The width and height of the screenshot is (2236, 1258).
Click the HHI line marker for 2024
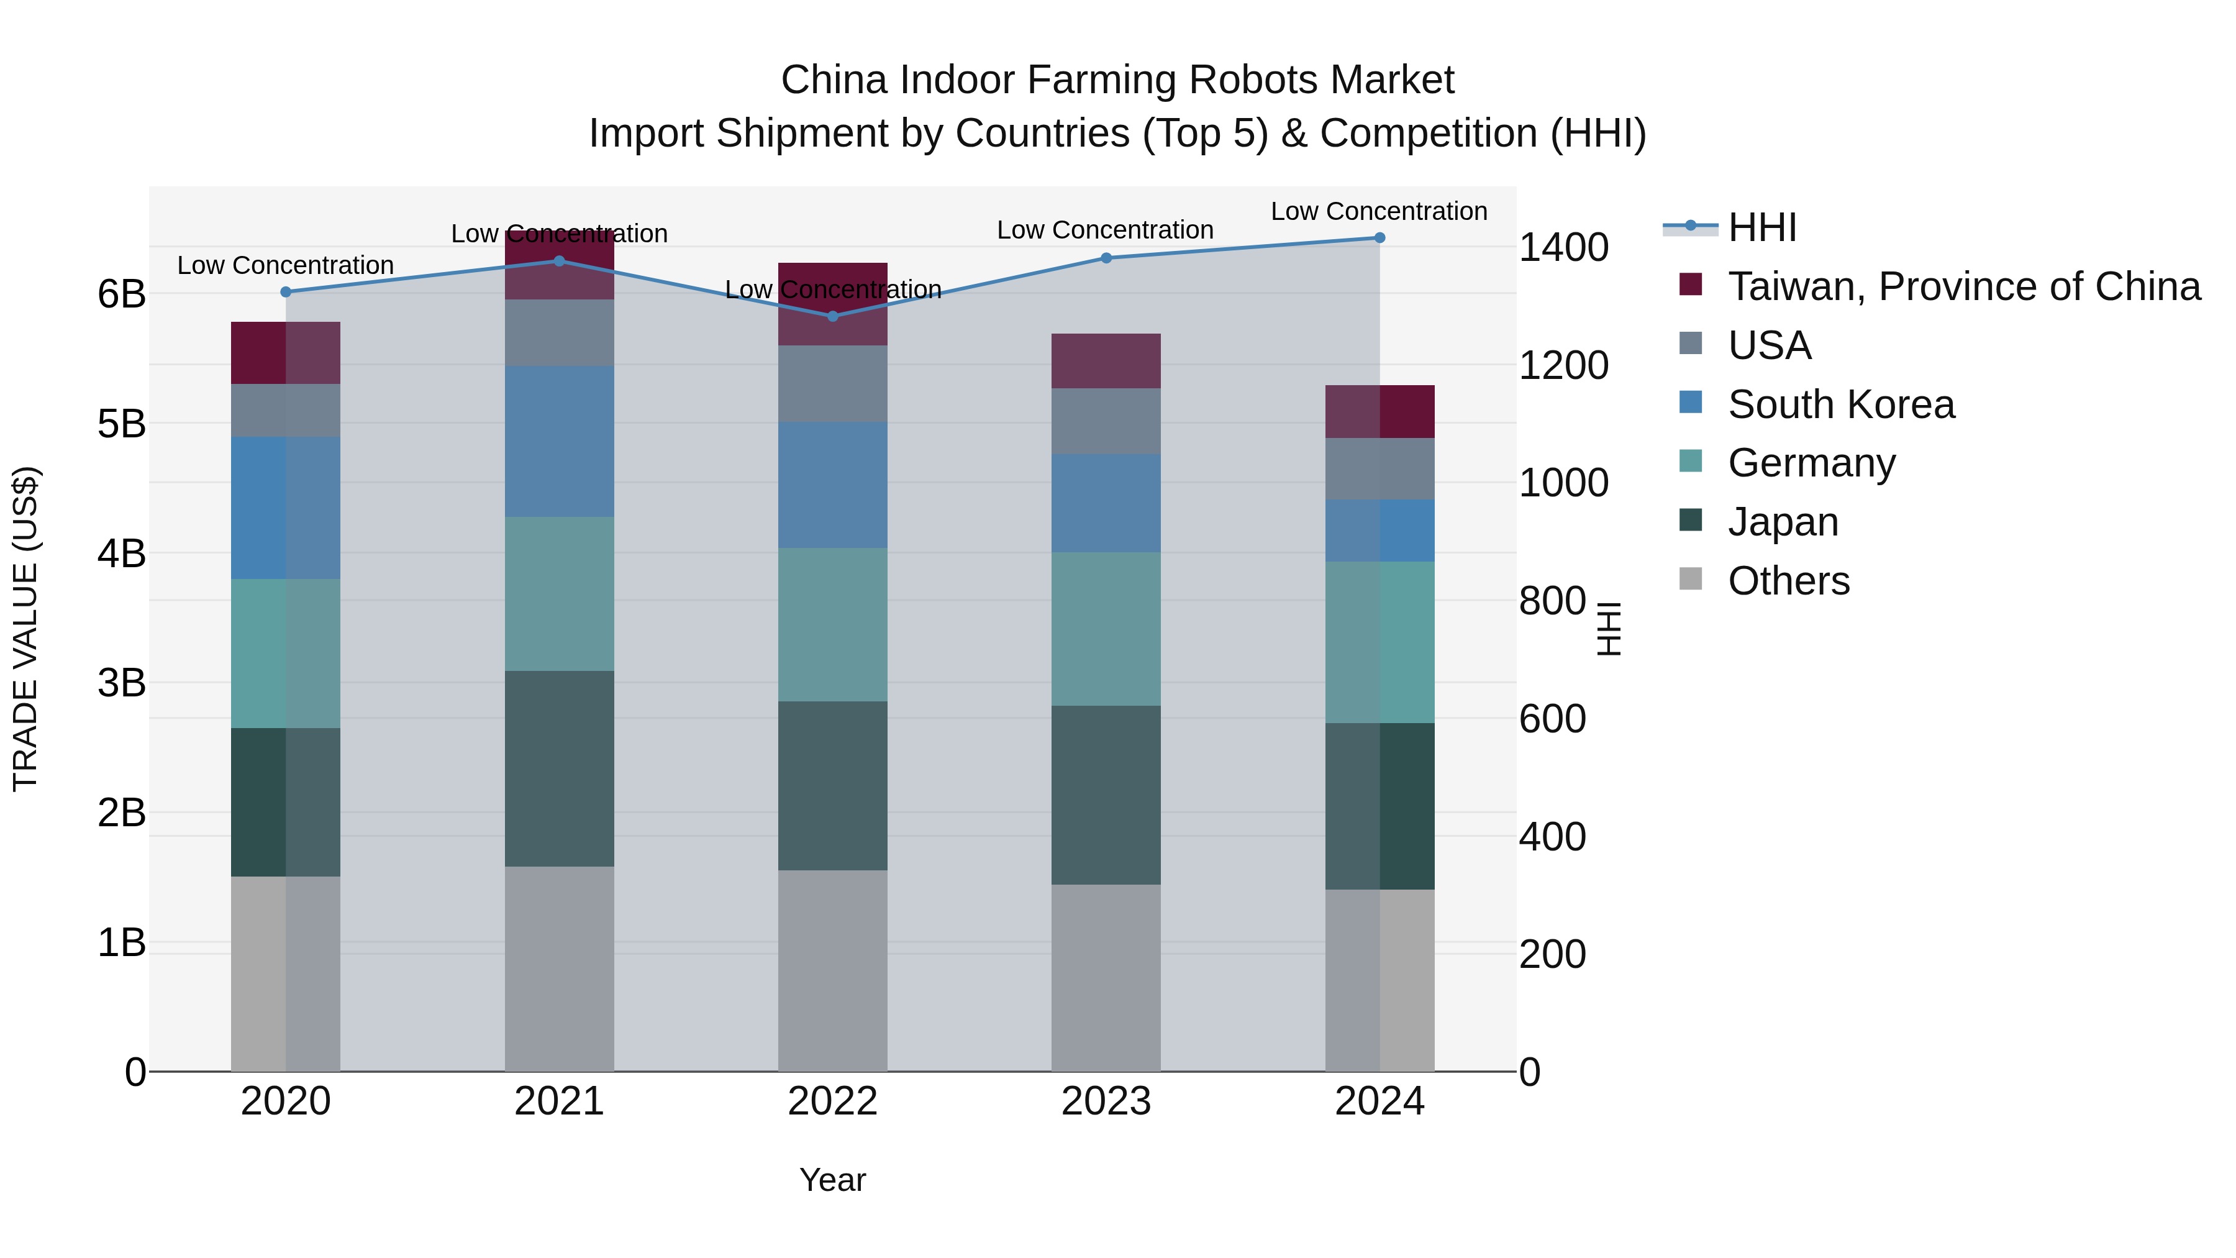pos(1379,238)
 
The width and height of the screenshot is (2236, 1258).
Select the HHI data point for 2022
pos(832,316)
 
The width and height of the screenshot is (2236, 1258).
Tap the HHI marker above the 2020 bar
pos(286,292)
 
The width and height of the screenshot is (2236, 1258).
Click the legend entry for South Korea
pos(1840,404)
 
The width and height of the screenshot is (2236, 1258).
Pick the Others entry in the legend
pos(1788,581)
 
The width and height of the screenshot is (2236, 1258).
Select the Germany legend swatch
pos(1691,462)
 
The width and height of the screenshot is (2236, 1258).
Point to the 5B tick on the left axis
pos(122,424)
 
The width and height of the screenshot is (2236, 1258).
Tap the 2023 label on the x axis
pos(1106,1101)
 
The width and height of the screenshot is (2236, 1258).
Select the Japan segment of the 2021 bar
pos(559,768)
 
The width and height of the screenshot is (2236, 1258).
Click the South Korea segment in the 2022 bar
pos(832,485)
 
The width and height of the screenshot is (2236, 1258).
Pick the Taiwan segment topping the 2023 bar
pos(1106,360)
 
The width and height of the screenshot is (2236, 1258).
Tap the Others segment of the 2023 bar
pos(1106,978)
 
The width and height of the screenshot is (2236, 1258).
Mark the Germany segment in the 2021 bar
pos(559,594)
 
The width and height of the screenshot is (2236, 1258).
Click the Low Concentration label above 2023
pos(1105,230)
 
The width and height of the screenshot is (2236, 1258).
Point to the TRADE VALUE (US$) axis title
pos(26,629)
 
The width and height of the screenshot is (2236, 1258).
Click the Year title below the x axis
pos(832,1180)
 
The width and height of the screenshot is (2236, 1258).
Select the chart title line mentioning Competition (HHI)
pos(1117,134)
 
